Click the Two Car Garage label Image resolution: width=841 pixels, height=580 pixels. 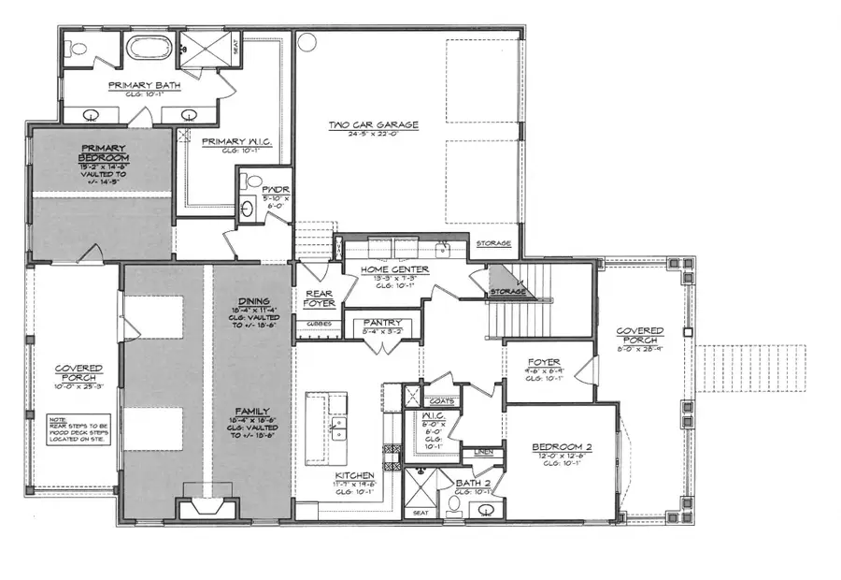click(x=373, y=124)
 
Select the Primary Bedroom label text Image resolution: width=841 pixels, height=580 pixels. click(x=104, y=152)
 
